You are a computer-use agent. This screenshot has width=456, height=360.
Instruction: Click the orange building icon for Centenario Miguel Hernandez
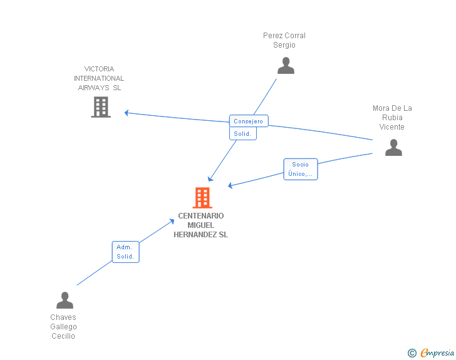[202, 198]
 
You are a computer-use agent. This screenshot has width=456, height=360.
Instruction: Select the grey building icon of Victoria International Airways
[101, 107]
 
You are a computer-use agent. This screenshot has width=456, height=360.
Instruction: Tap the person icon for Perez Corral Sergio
[286, 66]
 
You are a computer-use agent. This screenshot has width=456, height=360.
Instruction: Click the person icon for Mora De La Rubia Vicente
[393, 147]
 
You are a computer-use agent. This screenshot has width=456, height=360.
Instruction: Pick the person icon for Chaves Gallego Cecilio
[65, 300]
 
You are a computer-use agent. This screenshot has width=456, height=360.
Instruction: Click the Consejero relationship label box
[249, 121]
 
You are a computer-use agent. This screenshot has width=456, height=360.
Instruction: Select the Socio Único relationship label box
[301, 169]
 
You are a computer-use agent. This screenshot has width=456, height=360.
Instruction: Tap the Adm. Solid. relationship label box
[126, 252]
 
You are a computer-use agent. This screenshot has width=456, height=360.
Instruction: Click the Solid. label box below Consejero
[243, 133]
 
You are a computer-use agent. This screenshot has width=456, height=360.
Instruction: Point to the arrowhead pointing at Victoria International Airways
[127, 113]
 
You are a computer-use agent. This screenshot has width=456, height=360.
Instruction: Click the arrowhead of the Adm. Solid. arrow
[172, 221]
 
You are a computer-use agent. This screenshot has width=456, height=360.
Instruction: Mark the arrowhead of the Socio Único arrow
[231, 185]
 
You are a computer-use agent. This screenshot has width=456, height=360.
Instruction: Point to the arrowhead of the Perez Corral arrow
[210, 178]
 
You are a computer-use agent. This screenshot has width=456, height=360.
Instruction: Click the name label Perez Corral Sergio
[284, 40]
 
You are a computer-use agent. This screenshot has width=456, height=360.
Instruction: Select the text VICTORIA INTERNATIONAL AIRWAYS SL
[99, 78]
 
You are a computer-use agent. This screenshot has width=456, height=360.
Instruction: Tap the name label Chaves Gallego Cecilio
[63, 327]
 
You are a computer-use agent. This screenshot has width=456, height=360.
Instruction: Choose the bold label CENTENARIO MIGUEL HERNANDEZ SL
[200, 225]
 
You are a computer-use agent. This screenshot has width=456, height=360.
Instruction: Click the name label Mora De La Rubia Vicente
[392, 118]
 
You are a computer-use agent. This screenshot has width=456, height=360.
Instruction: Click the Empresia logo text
[437, 352]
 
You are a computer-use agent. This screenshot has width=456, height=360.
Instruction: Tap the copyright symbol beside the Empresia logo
[412, 353]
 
